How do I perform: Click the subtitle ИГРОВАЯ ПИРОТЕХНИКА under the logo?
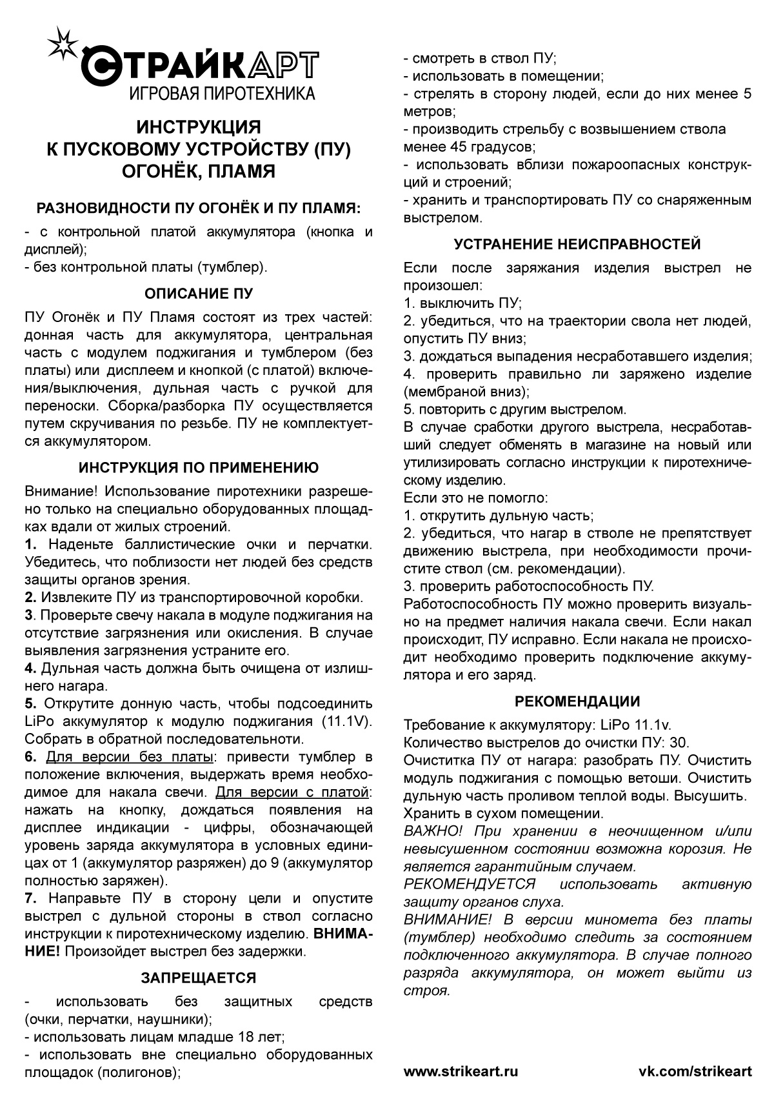tap(223, 94)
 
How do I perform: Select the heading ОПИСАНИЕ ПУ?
tap(199, 294)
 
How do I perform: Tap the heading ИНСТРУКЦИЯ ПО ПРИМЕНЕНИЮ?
tap(199, 468)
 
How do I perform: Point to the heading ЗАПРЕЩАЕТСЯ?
tap(199, 978)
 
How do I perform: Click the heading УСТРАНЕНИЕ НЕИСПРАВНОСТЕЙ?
tap(577, 244)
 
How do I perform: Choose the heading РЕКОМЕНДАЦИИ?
tap(577, 701)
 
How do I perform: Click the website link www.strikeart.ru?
tap(461, 1071)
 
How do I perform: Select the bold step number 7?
tap(30, 898)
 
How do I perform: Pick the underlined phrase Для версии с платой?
tap(292, 792)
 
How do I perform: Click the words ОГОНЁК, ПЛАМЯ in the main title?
tap(199, 172)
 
